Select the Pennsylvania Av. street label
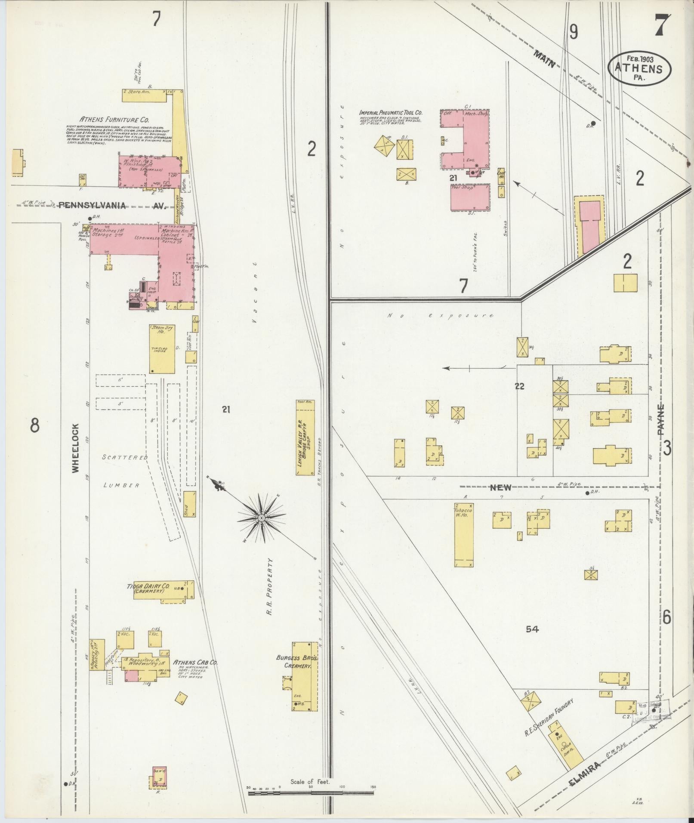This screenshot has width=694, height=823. coord(112,206)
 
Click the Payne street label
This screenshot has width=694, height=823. coord(662,420)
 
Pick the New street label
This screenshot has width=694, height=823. coord(501,487)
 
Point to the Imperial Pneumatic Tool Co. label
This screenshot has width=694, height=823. coord(391,113)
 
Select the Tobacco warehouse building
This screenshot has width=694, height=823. coord(464,534)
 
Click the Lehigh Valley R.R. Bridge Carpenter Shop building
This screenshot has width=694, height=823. coord(305,437)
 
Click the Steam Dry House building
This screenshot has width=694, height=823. coord(162,348)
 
